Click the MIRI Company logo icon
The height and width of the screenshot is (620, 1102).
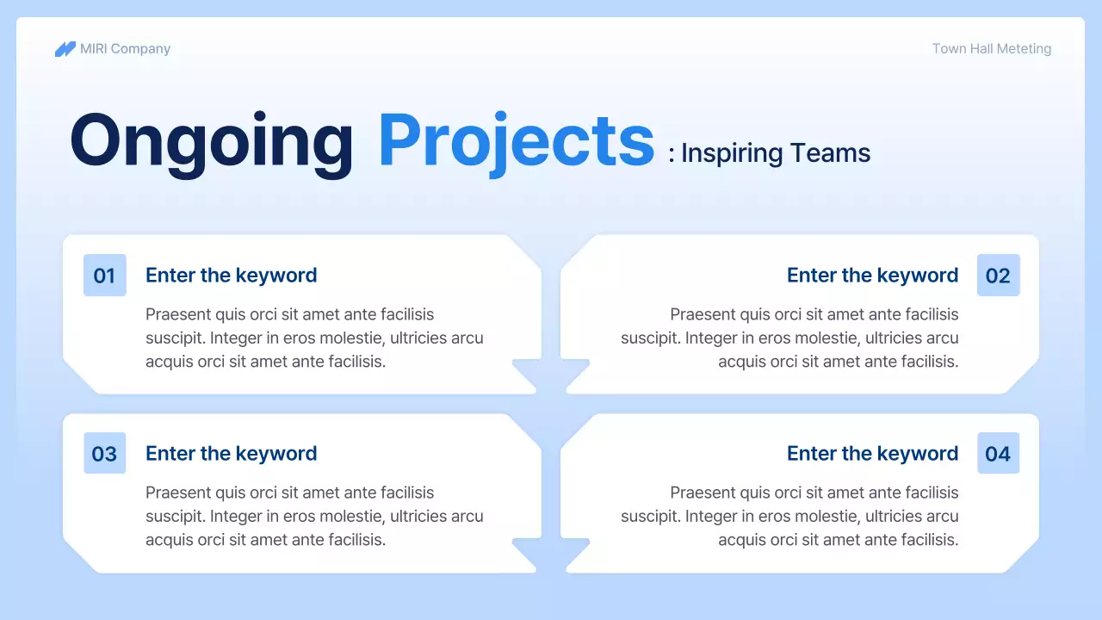coord(65,49)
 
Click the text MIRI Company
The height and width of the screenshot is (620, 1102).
coord(125,49)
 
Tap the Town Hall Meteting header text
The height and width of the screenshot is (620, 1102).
coord(991,49)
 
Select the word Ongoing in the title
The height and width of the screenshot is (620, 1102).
coord(212,143)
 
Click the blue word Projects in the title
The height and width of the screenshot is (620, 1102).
coord(517,143)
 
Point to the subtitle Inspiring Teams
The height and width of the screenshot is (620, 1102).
coord(776,153)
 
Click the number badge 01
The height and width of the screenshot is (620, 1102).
coord(105,275)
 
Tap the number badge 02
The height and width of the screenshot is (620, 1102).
coord(998,275)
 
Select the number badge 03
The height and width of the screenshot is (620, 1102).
coord(105,453)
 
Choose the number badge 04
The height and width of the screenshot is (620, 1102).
coord(998,453)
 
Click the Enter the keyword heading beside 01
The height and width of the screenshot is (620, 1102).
coord(232,275)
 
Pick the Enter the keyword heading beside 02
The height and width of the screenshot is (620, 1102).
coord(873,275)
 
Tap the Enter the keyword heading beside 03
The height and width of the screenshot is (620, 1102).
coord(232,453)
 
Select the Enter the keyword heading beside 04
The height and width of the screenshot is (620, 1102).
coord(873,453)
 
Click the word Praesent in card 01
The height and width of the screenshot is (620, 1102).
coord(178,314)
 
